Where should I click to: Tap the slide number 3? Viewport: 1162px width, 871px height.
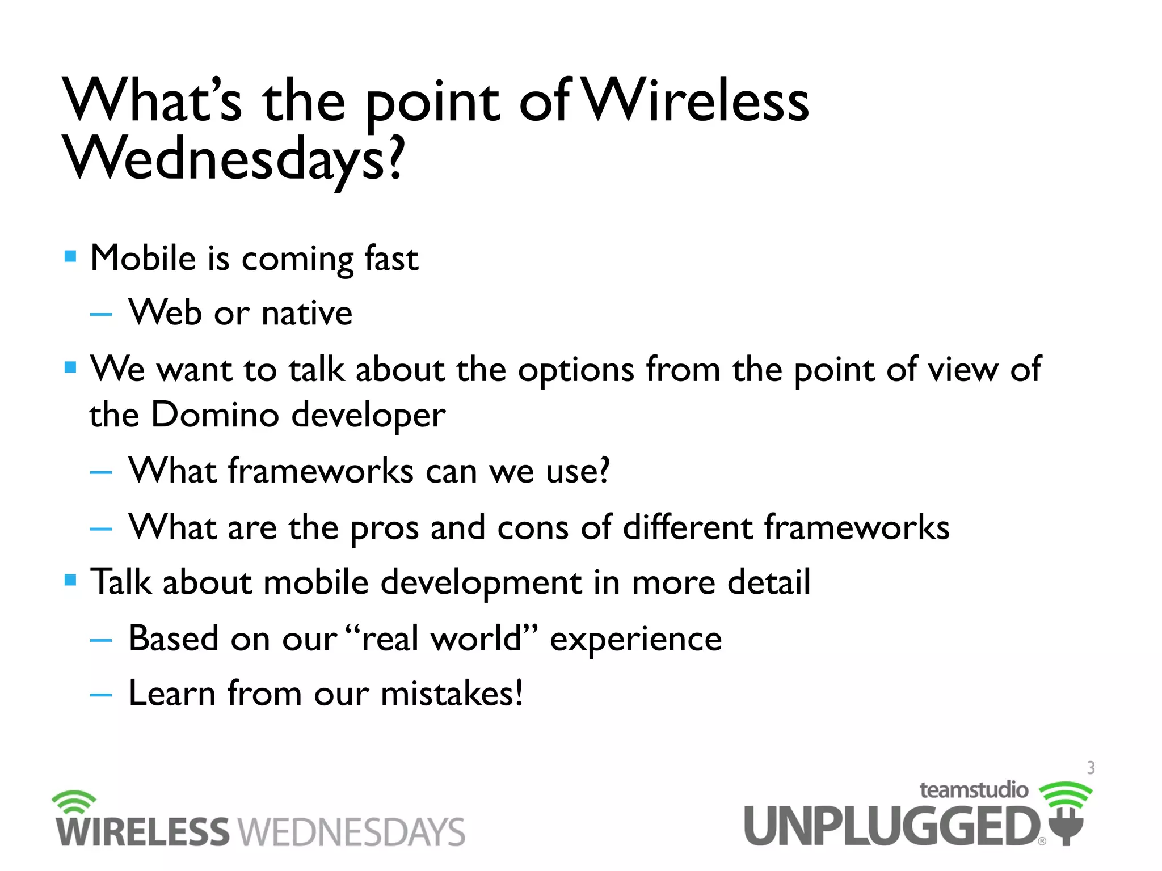click(x=1091, y=768)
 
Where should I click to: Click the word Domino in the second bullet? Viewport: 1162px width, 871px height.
click(x=215, y=415)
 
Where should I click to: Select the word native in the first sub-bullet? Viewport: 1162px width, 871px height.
click(x=307, y=313)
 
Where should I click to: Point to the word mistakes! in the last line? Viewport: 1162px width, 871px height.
click(x=452, y=694)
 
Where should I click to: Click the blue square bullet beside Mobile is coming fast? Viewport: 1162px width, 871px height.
click(x=70, y=256)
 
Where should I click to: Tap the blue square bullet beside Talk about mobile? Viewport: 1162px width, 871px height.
click(x=70, y=580)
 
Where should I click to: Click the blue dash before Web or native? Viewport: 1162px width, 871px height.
click(x=101, y=314)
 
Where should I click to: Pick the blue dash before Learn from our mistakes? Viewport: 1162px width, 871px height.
click(x=101, y=694)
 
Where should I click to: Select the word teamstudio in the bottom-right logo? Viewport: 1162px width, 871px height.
click(x=973, y=790)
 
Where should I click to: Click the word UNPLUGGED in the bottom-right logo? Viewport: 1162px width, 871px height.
click(x=891, y=826)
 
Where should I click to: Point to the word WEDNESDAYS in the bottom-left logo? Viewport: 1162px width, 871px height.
click(x=351, y=832)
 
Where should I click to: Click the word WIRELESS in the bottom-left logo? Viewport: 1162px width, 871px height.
click(x=142, y=832)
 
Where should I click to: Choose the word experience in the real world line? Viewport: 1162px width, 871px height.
click(x=635, y=639)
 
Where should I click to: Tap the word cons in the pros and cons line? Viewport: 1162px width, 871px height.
click(x=532, y=527)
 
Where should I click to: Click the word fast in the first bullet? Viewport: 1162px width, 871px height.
click(x=391, y=259)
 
